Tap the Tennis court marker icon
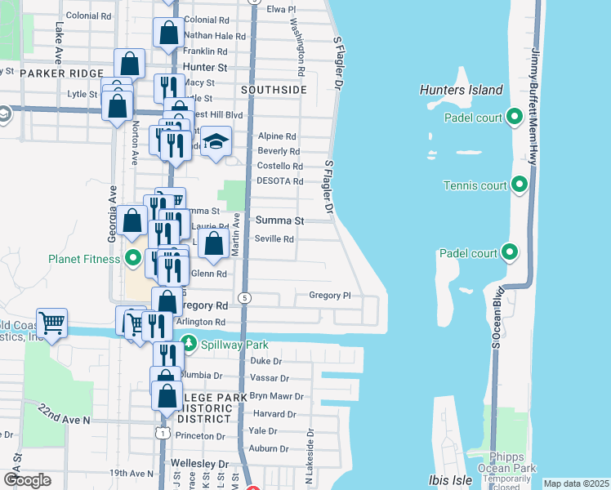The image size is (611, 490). (x=519, y=185)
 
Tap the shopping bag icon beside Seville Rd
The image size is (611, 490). (x=213, y=243)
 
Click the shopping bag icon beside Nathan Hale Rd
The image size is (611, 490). (x=169, y=33)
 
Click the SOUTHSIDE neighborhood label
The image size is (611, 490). (x=274, y=89)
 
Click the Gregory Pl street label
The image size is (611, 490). (x=329, y=296)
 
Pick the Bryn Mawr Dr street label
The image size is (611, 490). (x=276, y=396)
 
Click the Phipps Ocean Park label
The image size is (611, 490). (x=512, y=462)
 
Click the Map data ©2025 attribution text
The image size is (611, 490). (x=576, y=483)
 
